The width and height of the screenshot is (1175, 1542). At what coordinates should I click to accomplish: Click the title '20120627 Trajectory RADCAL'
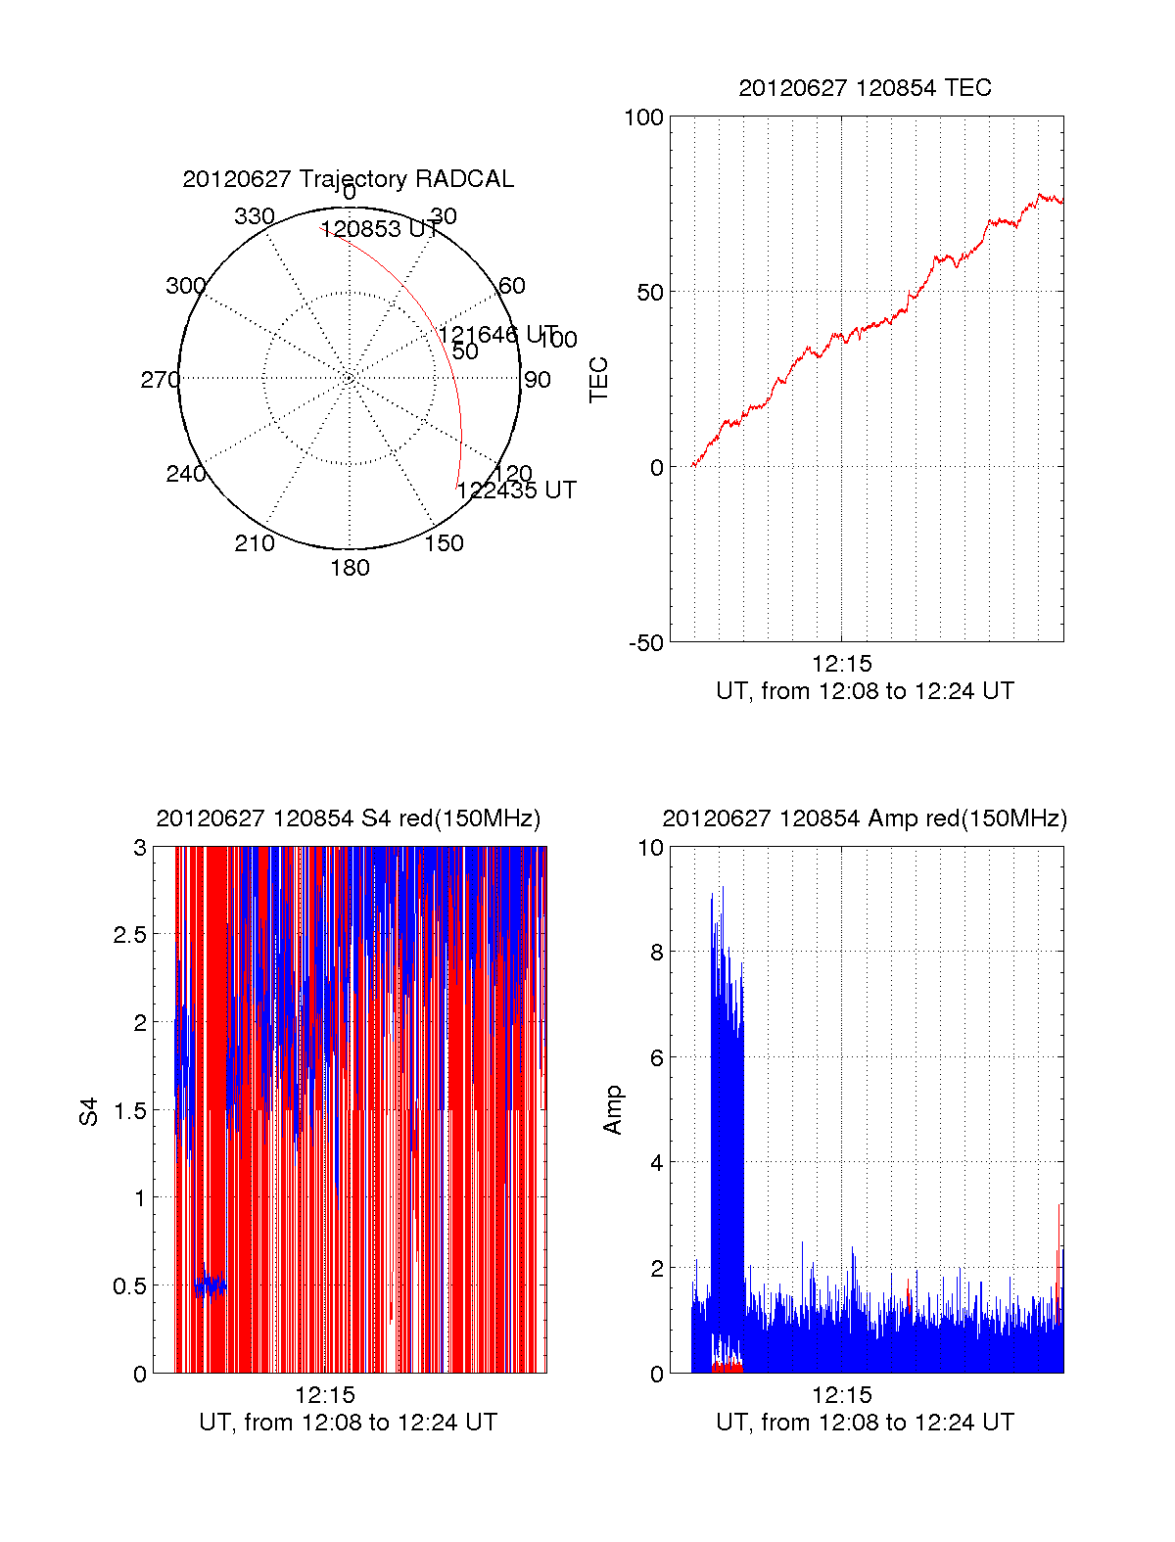pos(348,179)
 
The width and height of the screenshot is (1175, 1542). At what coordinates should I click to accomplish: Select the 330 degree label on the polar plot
pos(255,216)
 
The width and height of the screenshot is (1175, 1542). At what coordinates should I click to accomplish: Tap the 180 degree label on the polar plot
pos(350,568)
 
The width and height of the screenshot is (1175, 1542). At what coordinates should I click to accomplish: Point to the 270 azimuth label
pos(160,380)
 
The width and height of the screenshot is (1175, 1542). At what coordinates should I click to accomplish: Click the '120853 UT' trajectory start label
pos(380,230)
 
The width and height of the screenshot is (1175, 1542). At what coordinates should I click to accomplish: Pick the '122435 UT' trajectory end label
pos(516,491)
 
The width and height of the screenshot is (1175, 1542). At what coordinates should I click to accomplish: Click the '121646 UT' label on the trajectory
pos(497,335)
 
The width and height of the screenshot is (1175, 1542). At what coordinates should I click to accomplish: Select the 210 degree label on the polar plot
pos(255,543)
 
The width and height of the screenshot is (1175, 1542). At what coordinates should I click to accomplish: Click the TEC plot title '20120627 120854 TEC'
pos(865,88)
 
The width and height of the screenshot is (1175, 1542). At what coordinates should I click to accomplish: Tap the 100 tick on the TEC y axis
pos(643,118)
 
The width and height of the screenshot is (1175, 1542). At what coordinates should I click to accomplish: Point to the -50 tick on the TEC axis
pos(646,643)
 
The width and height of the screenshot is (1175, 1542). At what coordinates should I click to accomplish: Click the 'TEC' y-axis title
pos(599,380)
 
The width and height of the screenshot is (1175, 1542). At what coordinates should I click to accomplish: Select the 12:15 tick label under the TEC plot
pos(841,664)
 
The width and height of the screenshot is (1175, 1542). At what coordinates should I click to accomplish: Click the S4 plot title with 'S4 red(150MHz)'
pos(348,818)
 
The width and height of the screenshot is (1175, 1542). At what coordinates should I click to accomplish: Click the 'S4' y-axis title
pos(89,1111)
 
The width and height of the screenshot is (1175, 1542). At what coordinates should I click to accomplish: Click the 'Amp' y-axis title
pos(613,1110)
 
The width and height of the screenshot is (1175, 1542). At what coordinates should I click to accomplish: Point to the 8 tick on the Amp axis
pos(656,953)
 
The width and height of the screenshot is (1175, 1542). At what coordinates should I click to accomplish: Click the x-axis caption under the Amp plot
pos(865,1423)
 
